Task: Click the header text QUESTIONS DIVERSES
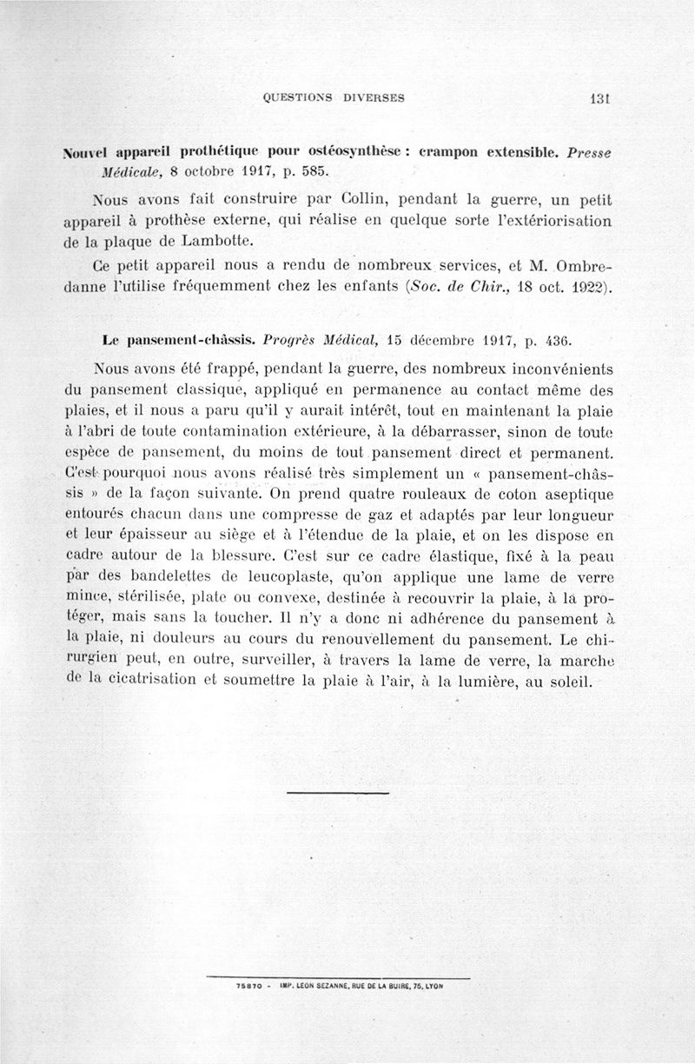pos(334,97)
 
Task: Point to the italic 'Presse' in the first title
pos(588,151)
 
